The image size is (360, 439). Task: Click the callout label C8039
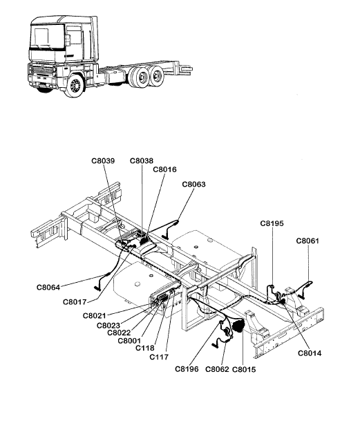[103, 161]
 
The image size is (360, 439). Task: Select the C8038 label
[142, 161]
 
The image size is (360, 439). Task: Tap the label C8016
[165, 169]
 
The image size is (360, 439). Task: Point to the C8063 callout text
[193, 185]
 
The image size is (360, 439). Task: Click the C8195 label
[272, 223]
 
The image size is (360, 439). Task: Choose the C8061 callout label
[307, 241]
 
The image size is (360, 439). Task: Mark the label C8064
[48, 288]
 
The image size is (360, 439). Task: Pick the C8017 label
[75, 302]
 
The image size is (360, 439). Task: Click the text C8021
[94, 316]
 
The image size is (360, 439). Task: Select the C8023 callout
[108, 326]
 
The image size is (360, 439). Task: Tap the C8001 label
[129, 341]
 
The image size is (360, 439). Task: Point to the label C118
[145, 348]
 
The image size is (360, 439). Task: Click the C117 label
[159, 357]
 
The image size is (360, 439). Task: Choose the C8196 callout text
[187, 369]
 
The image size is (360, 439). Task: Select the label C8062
[217, 370]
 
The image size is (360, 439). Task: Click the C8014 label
[310, 353]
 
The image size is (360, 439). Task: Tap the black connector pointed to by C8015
[238, 326]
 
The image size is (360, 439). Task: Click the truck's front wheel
[75, 85]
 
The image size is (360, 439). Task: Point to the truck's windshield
[47, 37]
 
